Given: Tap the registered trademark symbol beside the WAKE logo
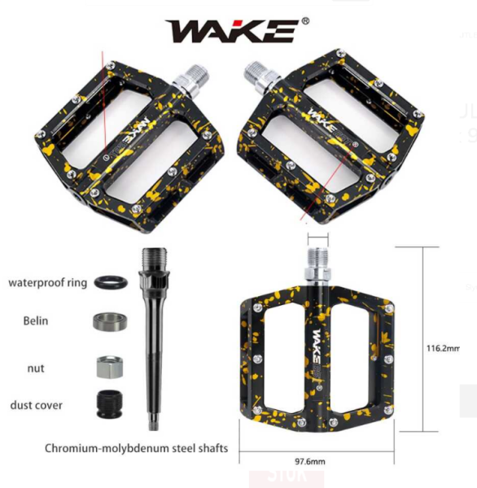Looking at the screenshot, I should (x=305, y=21).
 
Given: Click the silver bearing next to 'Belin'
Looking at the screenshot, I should (x=109, y=321).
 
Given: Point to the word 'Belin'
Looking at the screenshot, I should (x=35, y=320).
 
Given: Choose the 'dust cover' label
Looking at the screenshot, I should (x=36, y=404).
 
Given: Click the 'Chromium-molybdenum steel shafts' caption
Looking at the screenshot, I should (x=136, y=448).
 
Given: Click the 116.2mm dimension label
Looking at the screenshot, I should (x=443, y=348).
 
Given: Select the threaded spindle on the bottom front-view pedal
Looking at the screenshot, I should (x=316, y=260).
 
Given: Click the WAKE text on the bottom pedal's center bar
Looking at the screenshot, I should (x=315, y=342).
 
